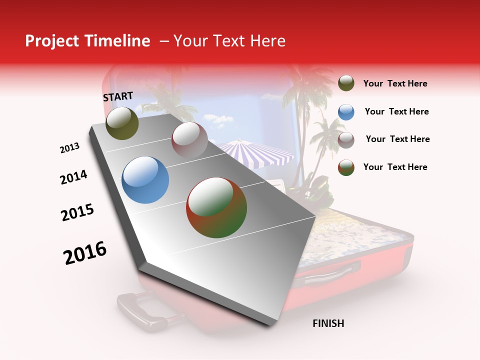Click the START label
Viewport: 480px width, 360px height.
[118, 96]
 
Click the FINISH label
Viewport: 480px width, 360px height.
[328, 323]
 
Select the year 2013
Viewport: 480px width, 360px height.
[69, 148]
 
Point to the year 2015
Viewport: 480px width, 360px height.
[77, 212]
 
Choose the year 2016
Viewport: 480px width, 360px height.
[85, 253]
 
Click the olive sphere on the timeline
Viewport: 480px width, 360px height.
[122, 123]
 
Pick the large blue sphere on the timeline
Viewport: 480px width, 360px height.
[145, 180]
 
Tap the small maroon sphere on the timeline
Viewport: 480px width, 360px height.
[189, 139]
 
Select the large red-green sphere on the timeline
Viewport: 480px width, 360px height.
[216, 207]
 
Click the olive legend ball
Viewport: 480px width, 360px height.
[346, 83]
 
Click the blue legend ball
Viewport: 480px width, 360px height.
[346, 112]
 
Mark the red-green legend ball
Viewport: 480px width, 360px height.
[346, 167]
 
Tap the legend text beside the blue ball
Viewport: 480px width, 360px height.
[396, 111]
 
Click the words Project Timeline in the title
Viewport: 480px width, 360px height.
[87, 41]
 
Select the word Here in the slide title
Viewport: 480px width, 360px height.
[267, 41]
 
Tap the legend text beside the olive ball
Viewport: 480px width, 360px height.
[395, 83]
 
